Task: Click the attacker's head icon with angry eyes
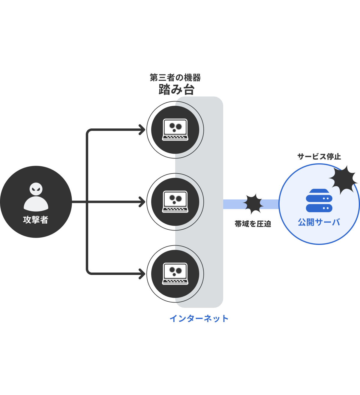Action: pyautogui.click(x=36, y=189)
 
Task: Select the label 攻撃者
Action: pyautogui.click(x=36, y=220)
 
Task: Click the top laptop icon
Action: pyautogui.click(x=175, y=130)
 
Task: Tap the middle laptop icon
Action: pyautogui.click(x=175, y=202)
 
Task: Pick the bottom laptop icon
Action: pyautogui.click(x=175, y=274)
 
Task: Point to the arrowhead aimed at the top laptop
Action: pyautogui.click(x=142, y=130)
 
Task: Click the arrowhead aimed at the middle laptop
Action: pyautogui.click(x=142, y=202)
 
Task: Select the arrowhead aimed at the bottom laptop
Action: pyautogui.click(x=142, y=274)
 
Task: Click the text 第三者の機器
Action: pyautogui.click(x=175, y=78)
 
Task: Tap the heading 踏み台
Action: pyautogui.click(x=176, y=89)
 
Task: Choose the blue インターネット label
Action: pyautogui.click(x=199, y=318)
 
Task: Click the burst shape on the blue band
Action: pyautogui.click(x=253, y=204)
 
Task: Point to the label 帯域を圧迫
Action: pyautogui.click(x=253, y=224)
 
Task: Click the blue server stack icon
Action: pyautogui.click(x=319, y=201)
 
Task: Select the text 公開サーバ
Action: pyautogui.click(x=319, y=222)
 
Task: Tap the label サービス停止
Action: pyautogui.click(x=319, y=157)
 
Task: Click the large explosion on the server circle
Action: pyautogui.click(x=344, y=179)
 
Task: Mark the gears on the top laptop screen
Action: pyautogui.click(x=175, y=127)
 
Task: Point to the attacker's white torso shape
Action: pyautogui.click(x=36, y=204)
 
